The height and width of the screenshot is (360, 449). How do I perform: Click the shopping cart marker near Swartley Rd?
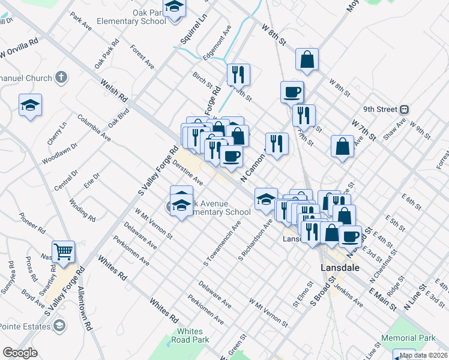pos(63,251)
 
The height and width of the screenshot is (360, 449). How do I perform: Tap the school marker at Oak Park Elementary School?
pos(174,8)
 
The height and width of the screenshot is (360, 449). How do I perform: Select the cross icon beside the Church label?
pos(61,77)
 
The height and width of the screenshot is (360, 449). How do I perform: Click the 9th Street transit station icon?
pos(405,109)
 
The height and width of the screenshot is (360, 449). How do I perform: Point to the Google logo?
pos(20,353)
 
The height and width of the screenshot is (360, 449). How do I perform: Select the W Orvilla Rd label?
pos(19,49)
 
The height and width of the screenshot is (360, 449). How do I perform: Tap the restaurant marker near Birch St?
pos(238,74)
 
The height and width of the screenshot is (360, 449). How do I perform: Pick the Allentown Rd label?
pos(83,308)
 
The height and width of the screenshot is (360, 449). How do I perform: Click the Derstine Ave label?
pos(188,172)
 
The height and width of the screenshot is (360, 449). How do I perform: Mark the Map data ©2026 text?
pos(423,355)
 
